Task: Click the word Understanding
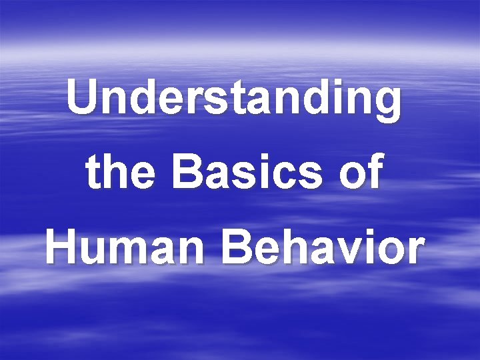tap(234, 99)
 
